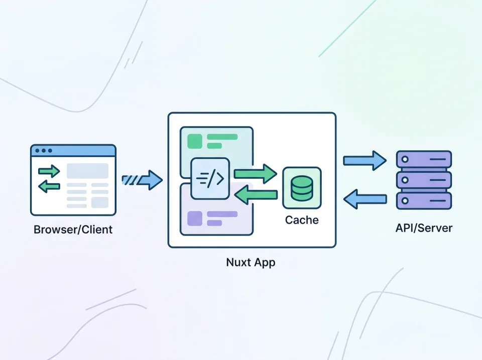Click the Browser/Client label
[x=73, y=230]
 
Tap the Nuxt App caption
[x=251, y=262]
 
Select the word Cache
[x=302, y=220]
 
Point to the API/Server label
[x=424, y=228]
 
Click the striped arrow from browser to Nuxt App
[x=142, y=180]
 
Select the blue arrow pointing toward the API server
[x=365, y=161]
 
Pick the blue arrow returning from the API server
[x=365, y=199]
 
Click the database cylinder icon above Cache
[x=301, y=187]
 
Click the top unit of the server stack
[x=424, y=160]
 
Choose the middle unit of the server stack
[x=424, y=180]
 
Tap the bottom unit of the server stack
[x=424, y=200]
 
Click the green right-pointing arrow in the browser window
[x=49, y=171]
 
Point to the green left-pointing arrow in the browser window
[x=49, y=187]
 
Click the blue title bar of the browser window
[x=73, y=151]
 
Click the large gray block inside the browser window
[x=88, y=171]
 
